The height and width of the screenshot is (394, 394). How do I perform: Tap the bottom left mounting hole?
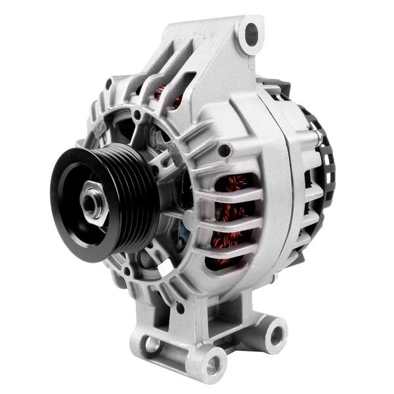(x=152, y=343)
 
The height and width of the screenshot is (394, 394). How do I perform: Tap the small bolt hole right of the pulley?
(x=224, y=150)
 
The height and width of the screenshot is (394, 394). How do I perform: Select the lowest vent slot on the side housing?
(x=227, y=259)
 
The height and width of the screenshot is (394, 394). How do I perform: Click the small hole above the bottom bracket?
(x=180, y=307)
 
